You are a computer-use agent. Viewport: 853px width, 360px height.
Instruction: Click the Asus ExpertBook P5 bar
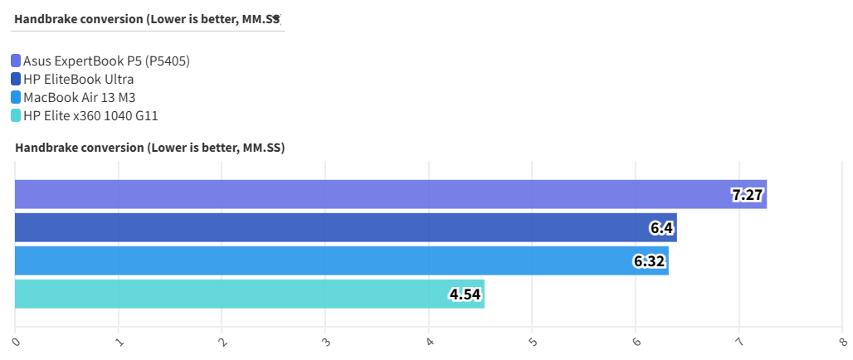tap(390, 194)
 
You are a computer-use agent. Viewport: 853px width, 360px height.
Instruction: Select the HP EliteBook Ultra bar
tap(345, 227)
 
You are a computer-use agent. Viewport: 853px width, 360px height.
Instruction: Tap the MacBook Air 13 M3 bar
tap(341, 260)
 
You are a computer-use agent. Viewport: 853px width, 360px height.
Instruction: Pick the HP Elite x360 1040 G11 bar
tap(249, 294)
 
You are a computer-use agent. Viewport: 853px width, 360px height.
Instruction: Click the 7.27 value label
tap(747, 196)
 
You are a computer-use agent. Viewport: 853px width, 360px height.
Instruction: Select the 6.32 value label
tap(649, 261)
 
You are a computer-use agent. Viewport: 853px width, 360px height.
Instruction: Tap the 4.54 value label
tap(465, 294)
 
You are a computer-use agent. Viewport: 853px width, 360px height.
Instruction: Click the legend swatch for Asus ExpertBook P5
tap(17, 61)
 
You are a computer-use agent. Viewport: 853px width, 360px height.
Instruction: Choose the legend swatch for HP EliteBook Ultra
tap(17, 79)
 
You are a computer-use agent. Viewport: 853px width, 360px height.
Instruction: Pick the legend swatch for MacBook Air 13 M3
tap(17, 97)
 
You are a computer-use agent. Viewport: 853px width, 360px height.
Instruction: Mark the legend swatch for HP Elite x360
tap(17, 115)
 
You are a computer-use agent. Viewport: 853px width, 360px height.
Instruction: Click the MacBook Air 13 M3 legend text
tap(79, 97)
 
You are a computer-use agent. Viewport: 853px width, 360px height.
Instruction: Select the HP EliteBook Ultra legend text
tap(79, 79)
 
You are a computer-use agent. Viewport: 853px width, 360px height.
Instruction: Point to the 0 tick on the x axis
tap(16, 340)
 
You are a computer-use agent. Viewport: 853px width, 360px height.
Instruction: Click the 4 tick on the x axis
tap(429, 340)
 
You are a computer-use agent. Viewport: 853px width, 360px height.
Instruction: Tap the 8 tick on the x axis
tap(842, 340)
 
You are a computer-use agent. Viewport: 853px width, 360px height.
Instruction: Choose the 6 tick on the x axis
tap(636, 340)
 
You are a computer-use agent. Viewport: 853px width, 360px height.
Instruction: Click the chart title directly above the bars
tap(149, 148)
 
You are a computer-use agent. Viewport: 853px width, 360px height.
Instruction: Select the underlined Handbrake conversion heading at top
tap(147, 18)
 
